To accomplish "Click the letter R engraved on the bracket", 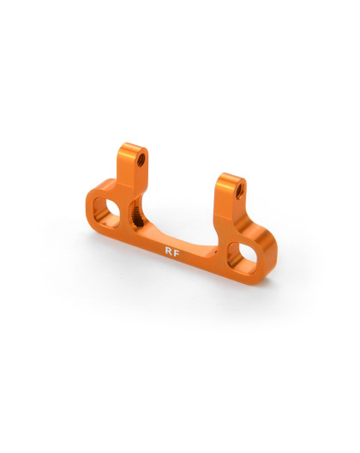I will [168, 252].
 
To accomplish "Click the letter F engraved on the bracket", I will [177, 254].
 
